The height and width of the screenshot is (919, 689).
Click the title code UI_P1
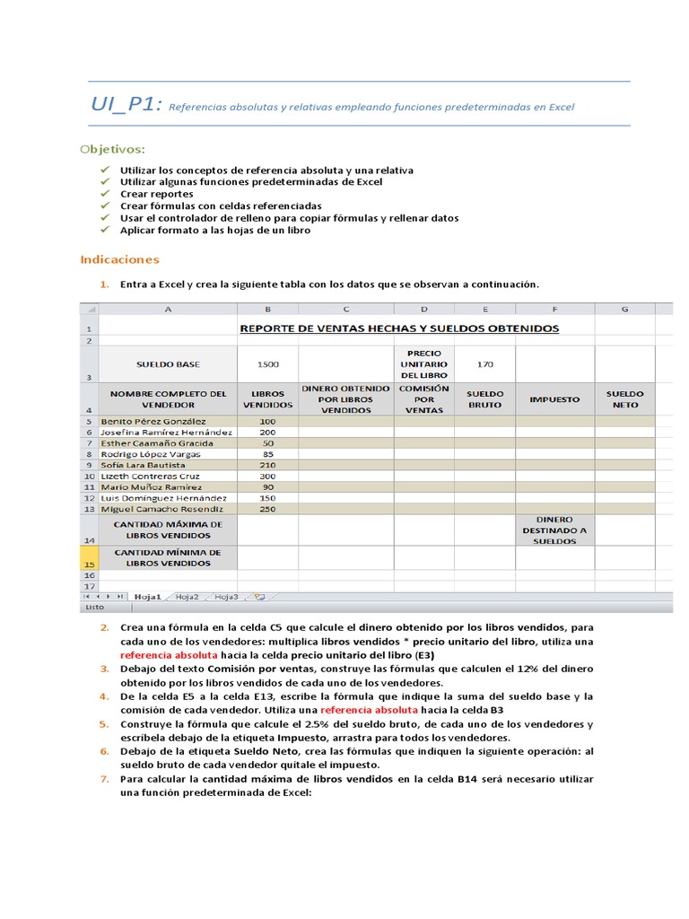pos(126,104)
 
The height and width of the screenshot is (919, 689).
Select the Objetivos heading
pos(112,147)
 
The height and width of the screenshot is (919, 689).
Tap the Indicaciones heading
pos(119,259)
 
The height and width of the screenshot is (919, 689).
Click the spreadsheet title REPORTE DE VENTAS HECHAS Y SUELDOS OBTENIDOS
pos(399,328)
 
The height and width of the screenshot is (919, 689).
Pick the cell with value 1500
pos(267,364)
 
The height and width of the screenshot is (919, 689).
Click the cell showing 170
pos(484,364)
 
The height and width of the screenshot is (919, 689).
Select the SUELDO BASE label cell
pos(168,364)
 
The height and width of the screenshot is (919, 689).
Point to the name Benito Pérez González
pos(153,421)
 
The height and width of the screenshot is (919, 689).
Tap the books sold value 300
pos(267,476)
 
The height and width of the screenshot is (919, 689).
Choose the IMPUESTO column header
pos(554,398)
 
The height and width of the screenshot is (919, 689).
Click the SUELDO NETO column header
pos(624,398)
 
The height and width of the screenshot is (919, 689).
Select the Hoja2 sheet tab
pos(187,596)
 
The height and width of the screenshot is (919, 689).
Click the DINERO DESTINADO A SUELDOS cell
pos(554,530)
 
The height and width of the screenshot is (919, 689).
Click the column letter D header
pos(423,309)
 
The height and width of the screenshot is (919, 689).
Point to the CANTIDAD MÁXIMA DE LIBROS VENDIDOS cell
pos(168,530)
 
